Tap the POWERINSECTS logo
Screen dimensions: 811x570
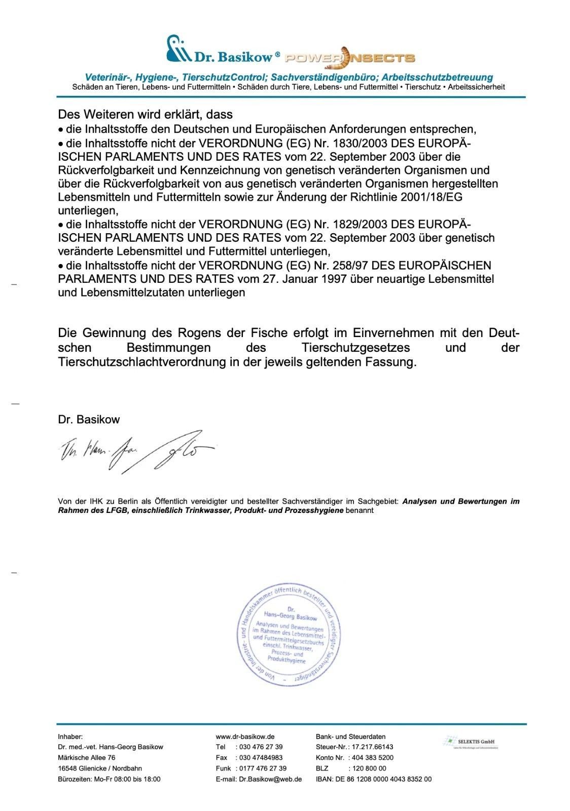click(350, 57)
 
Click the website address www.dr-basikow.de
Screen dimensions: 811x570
click(245, 736)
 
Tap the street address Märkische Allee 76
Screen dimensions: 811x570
click(87, 758)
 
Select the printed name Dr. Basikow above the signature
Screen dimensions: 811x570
click(89, 420)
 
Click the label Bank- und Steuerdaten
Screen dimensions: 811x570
click(350, 736)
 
